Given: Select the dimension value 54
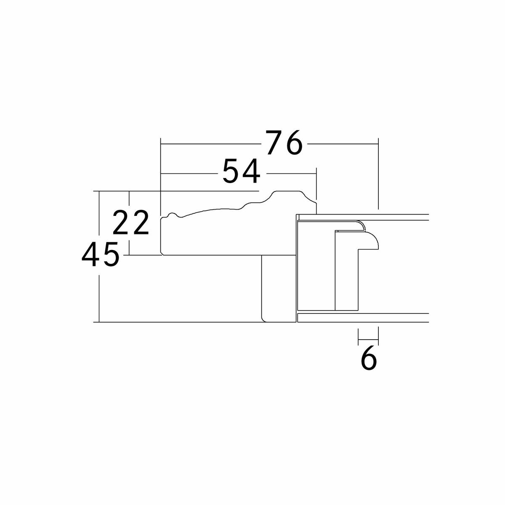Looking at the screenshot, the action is (242, 171).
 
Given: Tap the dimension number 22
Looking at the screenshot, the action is (131, 222).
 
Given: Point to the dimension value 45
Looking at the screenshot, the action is (101, 254).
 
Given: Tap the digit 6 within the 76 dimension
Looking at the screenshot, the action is (294, 142).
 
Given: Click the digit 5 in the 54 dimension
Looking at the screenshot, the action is (231, 171).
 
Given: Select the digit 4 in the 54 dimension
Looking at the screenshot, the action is (251, 171).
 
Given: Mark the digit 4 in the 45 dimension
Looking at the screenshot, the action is (90, 254).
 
